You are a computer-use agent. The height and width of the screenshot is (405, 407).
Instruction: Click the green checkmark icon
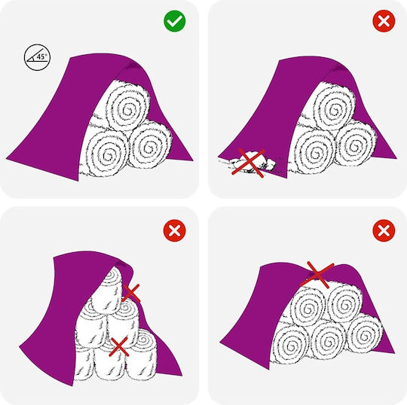[174, 21]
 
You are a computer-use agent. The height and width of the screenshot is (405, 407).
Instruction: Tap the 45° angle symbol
[37, 57]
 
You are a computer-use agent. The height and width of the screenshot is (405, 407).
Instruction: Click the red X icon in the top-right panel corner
[384, 21]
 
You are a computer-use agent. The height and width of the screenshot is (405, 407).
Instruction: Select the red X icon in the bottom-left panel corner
[174, 230]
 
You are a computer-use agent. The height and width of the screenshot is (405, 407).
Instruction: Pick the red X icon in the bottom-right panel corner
[384, 230]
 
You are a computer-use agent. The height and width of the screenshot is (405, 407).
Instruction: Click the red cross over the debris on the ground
[249, 163]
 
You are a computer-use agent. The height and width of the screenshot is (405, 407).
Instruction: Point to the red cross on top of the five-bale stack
[317, 275]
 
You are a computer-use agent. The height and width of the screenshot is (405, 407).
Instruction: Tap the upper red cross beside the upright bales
[131, 293]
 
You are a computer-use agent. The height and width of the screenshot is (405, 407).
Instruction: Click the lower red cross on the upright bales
[119, 347]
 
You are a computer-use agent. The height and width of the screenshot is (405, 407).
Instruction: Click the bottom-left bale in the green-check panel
[107, 153]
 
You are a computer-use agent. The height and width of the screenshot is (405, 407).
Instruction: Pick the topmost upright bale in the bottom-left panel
[109, 289]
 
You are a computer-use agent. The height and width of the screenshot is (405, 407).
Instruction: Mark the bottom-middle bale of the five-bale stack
[328, 340]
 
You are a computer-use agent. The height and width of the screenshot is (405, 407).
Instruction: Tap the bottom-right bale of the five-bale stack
[365, 333]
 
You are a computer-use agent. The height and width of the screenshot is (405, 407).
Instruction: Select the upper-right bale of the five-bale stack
[344, 303]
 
